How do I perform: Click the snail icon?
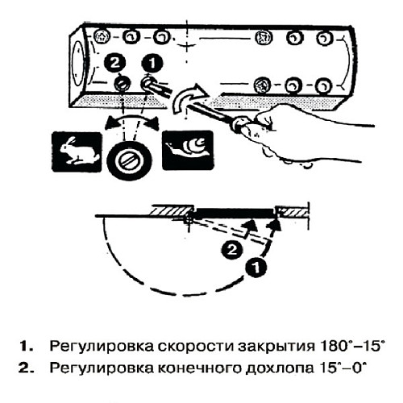188,148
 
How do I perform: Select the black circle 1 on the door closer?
150,60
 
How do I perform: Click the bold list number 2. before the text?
27,367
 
